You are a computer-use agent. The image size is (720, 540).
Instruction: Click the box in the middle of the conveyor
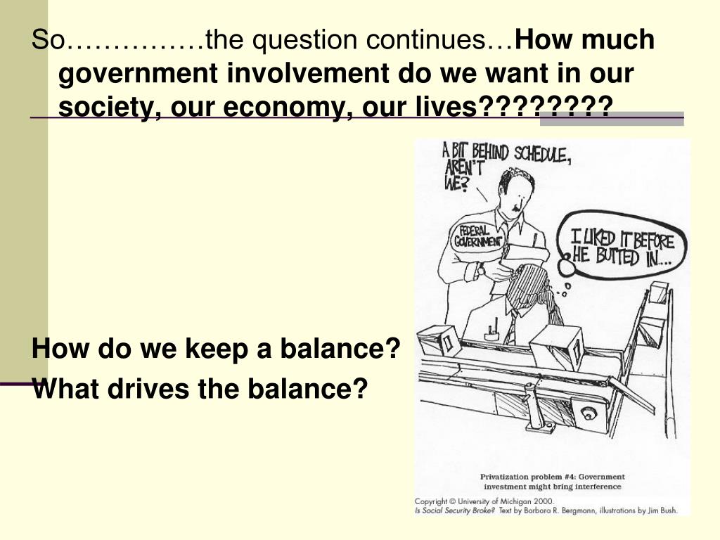pos(555,345)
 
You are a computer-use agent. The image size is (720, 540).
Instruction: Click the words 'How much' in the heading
pos(585,41)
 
